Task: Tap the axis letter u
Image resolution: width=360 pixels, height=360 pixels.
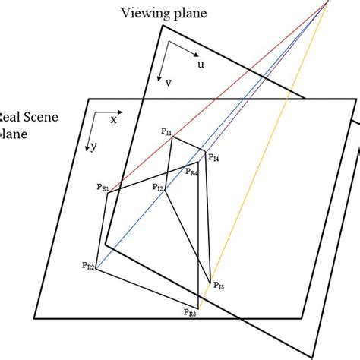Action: pyautogui.click(x=201, y=65)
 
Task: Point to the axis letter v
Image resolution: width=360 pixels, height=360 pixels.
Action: pyautogui.click(x=167, y=83)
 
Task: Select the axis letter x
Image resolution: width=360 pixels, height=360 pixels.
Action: pyautogui.click(x=114, y=120)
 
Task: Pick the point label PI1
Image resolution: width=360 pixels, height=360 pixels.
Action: pyautogui.click(x=166, y=131)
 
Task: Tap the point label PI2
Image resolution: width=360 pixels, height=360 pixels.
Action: pyautogui.click(x=157, y=188)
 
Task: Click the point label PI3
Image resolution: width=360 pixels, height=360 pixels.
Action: pyautogui.click(x=219, y=286)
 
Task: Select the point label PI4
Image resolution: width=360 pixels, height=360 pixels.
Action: pyautogui.click(x=213, y=159)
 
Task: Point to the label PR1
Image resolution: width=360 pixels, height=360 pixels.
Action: pyautogui.click(x=102, y=187)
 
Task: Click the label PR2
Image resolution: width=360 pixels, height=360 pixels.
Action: pyautogui.click(x=88, y=265)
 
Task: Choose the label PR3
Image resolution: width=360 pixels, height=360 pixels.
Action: pyautogui.click(x=190, y=311)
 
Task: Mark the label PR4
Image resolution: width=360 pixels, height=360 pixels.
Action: pyautogui.click(x=191, y=173)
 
